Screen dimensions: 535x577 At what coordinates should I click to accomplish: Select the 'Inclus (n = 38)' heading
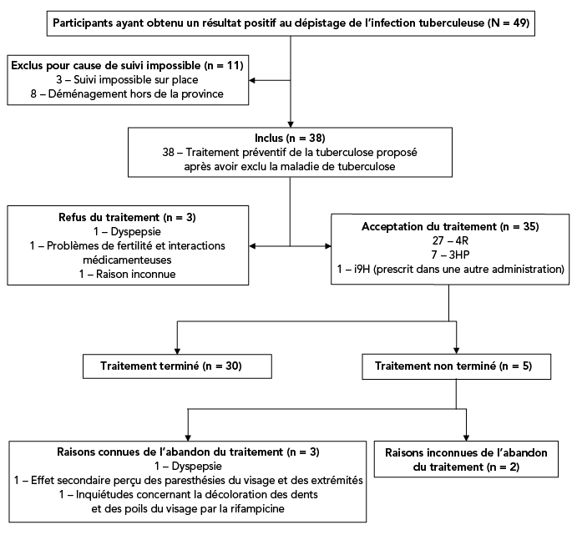(x=290, y=137)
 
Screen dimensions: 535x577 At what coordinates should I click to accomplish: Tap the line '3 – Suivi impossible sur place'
(x=128, y=80)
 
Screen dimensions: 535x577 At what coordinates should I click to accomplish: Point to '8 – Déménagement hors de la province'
(x=128, y=95)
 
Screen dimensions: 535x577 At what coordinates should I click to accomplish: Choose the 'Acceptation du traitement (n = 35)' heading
(x=450, y=226)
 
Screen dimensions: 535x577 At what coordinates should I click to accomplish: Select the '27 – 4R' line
(x=450, y=240)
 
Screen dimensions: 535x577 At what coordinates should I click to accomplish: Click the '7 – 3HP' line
(x=450, y=255)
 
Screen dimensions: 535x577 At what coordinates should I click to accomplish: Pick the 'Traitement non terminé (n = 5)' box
(x=456, y=366)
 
